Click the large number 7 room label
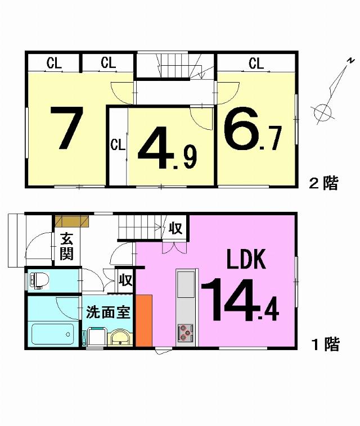[67, 128]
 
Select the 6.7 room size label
[252, 129]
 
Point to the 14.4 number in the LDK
[240, 300]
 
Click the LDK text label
[246, 260]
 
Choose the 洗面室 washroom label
[108, 312]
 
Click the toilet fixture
[39, 280]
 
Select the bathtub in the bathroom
[53, 334]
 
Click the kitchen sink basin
[186, 284]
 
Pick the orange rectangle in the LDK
[144, 320]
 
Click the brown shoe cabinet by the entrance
[72, 221]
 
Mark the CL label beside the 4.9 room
[118, 145]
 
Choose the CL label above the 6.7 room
[256, 64]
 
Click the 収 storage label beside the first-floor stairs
[175, 228]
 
